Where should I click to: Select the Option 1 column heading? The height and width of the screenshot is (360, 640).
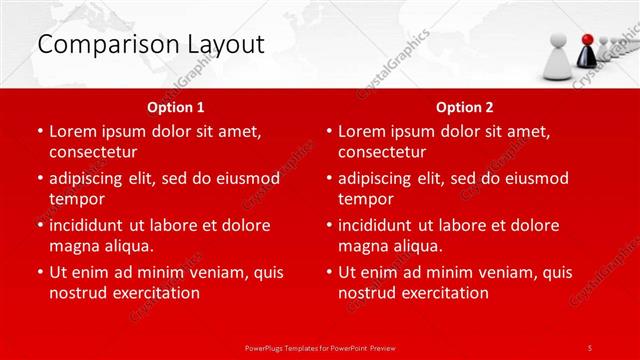176,107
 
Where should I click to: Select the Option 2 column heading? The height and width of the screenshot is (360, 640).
465,107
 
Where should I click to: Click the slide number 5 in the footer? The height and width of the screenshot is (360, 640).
590,346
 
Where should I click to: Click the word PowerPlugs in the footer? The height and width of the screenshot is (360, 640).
267,346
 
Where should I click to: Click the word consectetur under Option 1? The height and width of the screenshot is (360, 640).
93,152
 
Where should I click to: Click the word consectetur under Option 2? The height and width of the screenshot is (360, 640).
382,152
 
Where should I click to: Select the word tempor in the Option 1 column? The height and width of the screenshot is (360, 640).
75,199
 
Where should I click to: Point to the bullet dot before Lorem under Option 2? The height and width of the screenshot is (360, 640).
328,132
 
